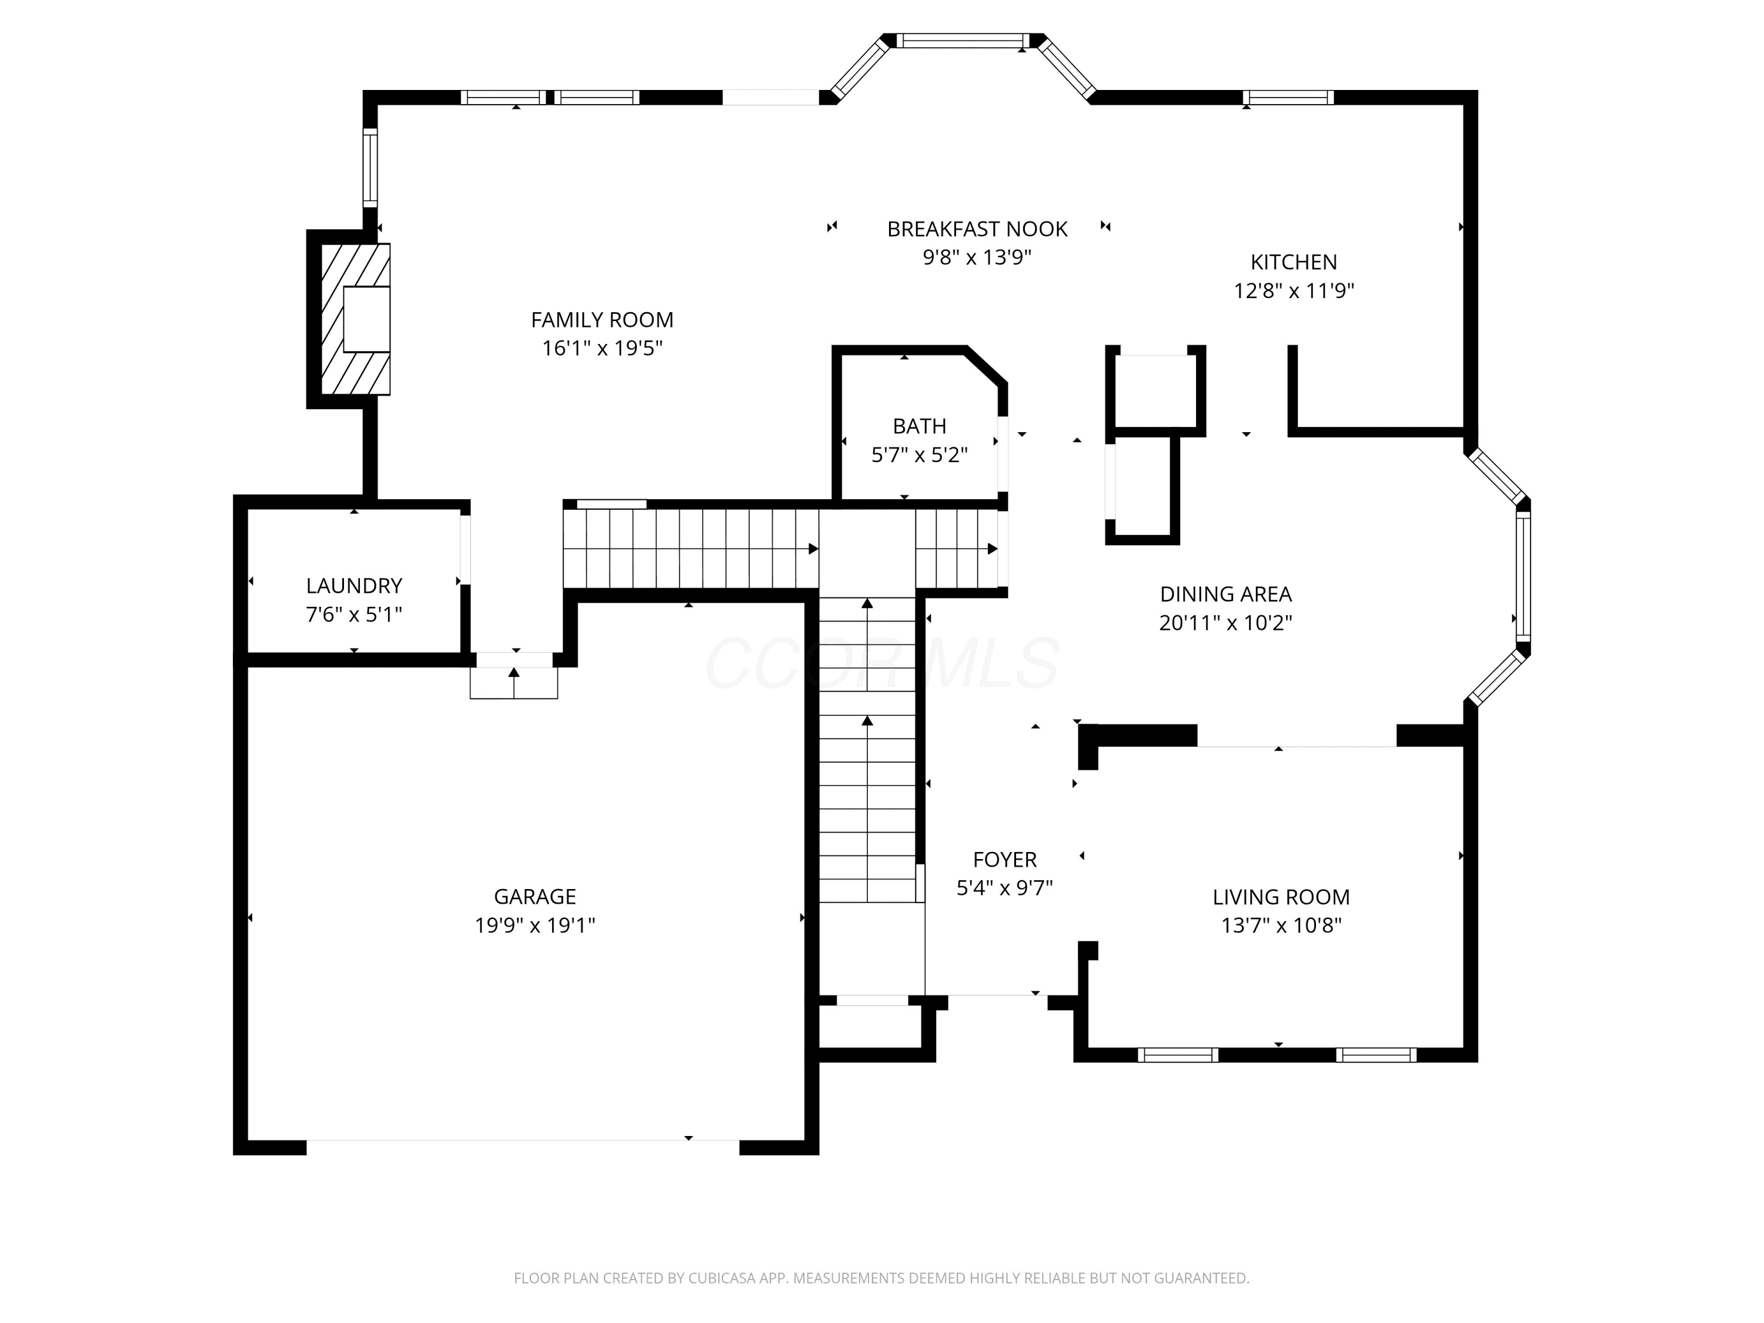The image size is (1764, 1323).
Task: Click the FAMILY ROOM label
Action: [x=602, y=320]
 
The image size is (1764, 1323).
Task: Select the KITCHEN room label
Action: [x=1294, y=262]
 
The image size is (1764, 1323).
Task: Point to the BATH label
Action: [x=920, y=426]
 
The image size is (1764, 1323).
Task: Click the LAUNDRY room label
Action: [x=354, y=585]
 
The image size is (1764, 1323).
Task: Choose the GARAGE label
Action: [x=534, y=896]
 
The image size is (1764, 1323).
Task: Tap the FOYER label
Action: [x=1005, y=859]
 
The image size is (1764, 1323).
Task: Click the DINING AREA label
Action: [x=1226, y=593]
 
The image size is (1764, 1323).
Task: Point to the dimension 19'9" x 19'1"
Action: [x=535, y=925]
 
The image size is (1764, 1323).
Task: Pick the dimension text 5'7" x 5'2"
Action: [x=920, y=455]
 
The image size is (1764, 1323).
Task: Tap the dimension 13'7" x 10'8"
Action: [x=1281, y=925]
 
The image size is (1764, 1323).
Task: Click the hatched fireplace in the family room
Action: [x=356, y=319]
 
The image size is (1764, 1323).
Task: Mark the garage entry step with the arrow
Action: [x=513, y=683]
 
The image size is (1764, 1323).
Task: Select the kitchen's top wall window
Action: [x=1288, y=97]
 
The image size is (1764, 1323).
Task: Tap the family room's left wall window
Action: [x=370, y=168]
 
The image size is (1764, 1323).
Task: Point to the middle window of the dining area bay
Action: [x=1523, y=576]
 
